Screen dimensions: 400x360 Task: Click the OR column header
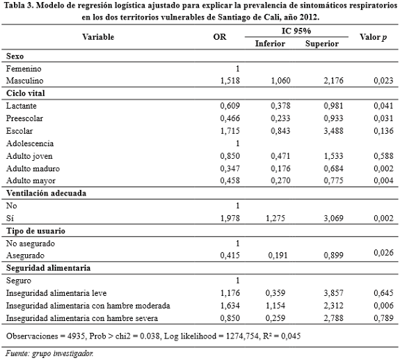coord(219,36)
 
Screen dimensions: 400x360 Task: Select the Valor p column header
coord(373,36)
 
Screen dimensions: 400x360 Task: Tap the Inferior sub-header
coord(270,43)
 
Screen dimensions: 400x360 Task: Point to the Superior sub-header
coord(321,43)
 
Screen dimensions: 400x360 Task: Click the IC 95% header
coord(296,31)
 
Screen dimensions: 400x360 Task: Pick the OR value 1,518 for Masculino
coord(230,81)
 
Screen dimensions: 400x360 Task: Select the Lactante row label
coord(23,105)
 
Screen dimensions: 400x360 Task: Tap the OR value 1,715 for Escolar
coord(230,131)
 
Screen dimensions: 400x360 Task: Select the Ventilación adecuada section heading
coord(46,194)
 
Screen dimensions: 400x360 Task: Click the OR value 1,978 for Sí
coord(230,218)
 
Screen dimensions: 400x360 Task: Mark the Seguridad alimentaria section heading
coord(47,268)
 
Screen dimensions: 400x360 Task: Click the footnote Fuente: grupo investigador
coord(49,353)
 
